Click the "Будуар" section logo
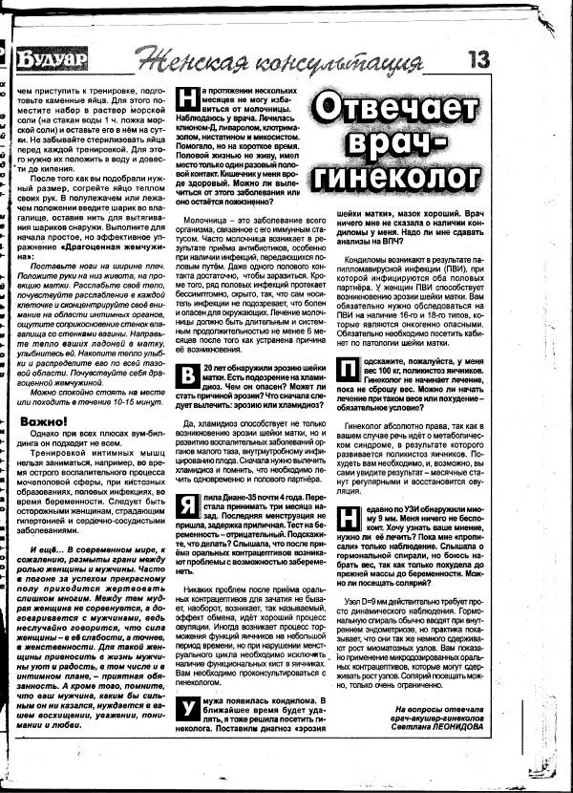[47, 59]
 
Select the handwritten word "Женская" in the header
[186, 61]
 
